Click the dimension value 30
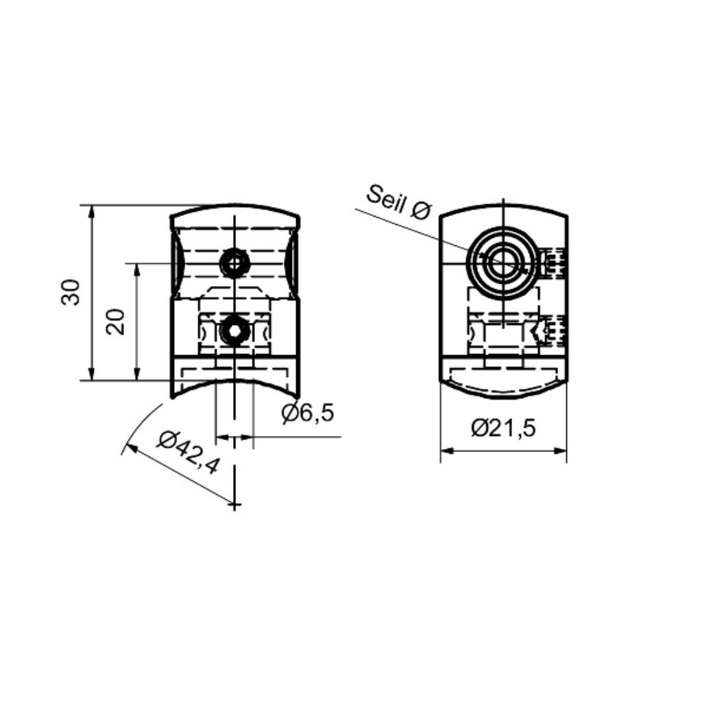point(71,292)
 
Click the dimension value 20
point(115,322)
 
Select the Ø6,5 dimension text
point(308,413)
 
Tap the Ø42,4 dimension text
point(188,452)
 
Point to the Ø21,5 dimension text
point(503,428)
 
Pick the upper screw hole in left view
point(234,263)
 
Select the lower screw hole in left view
point(234,330)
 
